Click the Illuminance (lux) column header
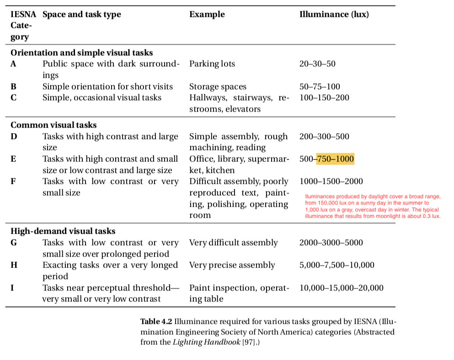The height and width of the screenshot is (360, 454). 334,14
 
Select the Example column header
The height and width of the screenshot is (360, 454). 207,14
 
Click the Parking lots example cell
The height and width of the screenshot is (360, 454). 212,64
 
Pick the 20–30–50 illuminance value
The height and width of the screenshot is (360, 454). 317,64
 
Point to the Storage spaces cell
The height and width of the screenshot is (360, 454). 218,86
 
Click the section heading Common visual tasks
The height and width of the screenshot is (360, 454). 53,125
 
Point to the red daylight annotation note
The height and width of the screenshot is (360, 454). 373,206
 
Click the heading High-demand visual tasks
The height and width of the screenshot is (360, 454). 63,231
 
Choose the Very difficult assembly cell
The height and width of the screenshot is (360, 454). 233,242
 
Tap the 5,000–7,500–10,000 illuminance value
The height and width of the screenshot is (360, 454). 336,265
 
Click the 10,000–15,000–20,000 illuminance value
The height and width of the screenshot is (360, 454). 341,288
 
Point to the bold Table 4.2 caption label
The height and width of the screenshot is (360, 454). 156,321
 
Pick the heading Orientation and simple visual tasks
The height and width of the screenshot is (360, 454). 81,53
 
